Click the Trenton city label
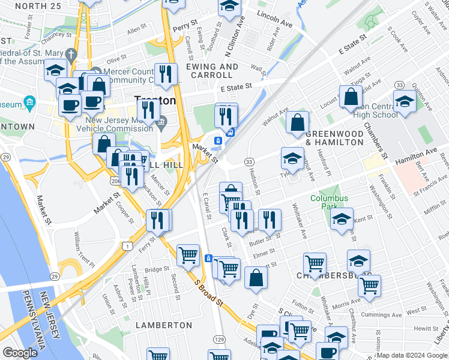coord(155,100)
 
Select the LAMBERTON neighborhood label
coord(163,325)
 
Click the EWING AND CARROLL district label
coord(209,71)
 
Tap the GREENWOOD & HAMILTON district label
coord(334,138)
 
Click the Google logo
coord(20,352)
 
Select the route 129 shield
coord(220,340)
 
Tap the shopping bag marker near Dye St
coord(256,278)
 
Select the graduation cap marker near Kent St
coord(342,218)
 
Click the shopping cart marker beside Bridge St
coord(188,255)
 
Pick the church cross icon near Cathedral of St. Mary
coord(70,55)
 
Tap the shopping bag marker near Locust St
coord(351,96)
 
